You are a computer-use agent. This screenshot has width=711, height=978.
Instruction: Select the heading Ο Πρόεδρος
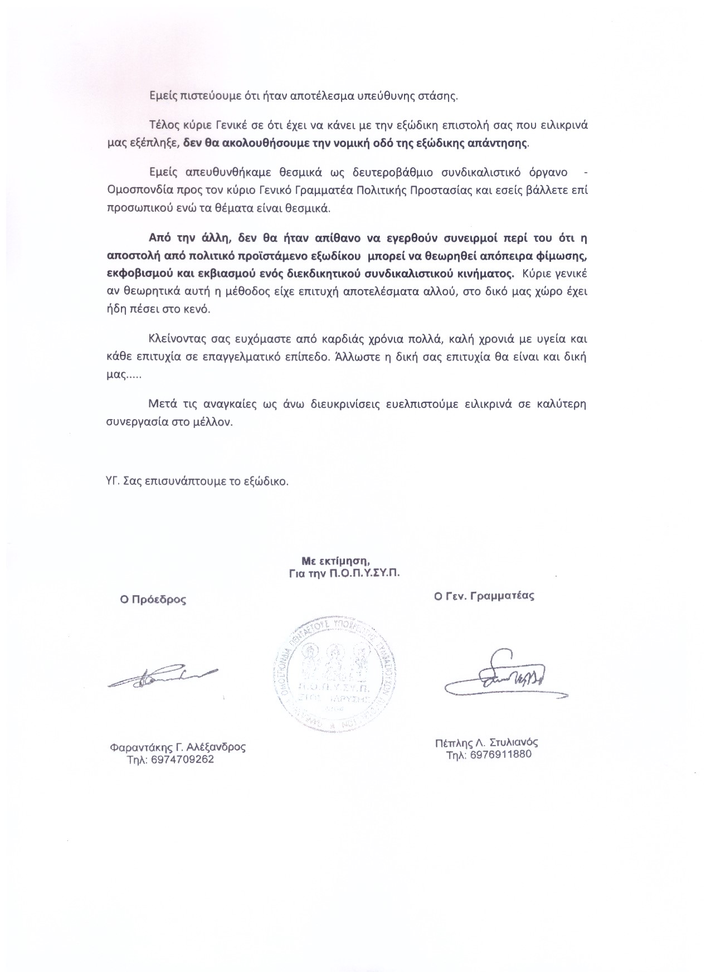pyautogui.click(x=150, y=600)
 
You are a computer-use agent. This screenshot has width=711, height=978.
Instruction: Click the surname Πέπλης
pyautogui.click(x=452, y=742)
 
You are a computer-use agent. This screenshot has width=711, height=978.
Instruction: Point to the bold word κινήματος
pyautogui.click(x=488, y=274)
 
